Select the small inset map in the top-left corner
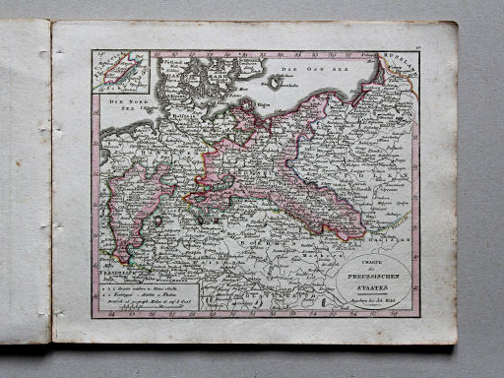pos(121,73)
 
